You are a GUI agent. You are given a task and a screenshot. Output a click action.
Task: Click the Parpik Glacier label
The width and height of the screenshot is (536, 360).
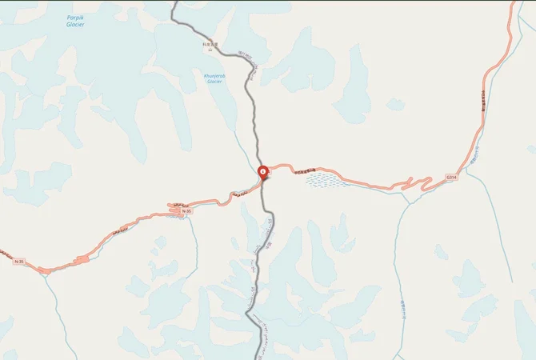(x=75, y=21)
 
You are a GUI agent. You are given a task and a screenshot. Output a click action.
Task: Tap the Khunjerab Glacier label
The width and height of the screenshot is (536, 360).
(x=214, y=78)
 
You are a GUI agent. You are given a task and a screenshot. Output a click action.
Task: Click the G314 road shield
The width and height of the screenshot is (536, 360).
(x=452, y=177)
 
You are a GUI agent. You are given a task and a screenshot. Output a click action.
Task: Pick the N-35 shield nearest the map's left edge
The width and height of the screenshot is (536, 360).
(x=19, y=261)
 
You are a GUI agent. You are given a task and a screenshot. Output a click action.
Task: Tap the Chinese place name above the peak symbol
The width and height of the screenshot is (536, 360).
(x=210, y=44)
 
